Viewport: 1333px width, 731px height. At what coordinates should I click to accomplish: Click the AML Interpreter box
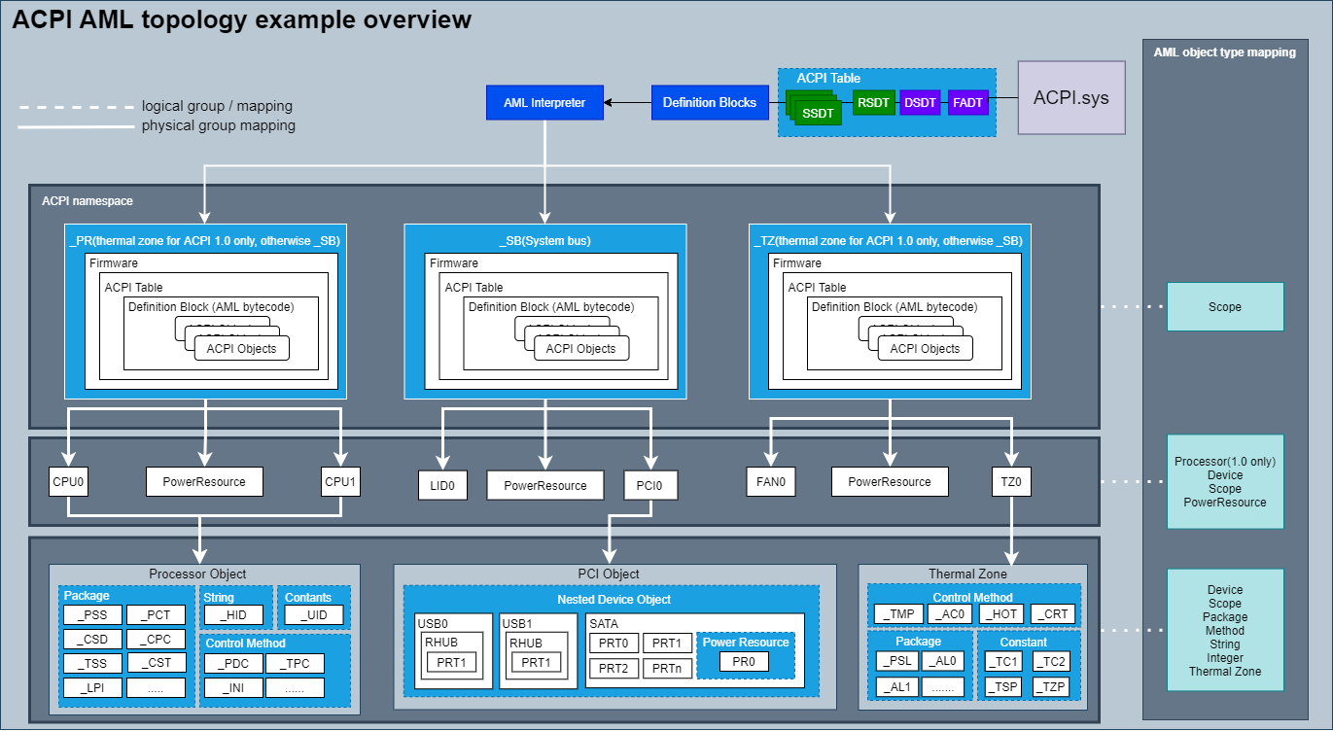[544, 102]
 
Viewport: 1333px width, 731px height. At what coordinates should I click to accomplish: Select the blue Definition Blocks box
[709, 102]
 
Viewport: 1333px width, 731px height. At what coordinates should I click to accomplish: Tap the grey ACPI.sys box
[1070, 97]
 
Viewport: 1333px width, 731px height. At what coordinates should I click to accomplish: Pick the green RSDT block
[873, 102]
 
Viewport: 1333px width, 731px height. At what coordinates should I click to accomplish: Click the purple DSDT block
[919, 102]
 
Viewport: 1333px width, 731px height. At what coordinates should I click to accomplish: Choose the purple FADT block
[967, 102]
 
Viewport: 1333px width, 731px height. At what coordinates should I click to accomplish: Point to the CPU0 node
[68, 481]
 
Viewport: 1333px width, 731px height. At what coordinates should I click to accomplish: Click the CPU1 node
[340, 481]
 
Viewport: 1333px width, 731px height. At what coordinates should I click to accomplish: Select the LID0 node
[442, 485]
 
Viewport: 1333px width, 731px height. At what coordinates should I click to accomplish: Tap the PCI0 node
[650, 485]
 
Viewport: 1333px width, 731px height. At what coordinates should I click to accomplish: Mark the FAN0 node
[770, 481]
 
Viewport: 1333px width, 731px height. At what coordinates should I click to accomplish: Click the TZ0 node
[1011, 481]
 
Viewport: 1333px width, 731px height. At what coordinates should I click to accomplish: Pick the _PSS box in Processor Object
[92, 614]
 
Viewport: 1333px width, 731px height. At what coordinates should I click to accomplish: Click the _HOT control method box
[1000, 613]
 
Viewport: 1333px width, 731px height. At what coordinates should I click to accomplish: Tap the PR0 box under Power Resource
[744, 661]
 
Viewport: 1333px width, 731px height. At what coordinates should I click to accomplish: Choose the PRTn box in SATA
[667, 668]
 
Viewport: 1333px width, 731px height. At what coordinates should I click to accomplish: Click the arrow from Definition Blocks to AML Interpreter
[627, 102]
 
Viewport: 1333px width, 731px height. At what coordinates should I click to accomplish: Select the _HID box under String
[234, 614]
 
